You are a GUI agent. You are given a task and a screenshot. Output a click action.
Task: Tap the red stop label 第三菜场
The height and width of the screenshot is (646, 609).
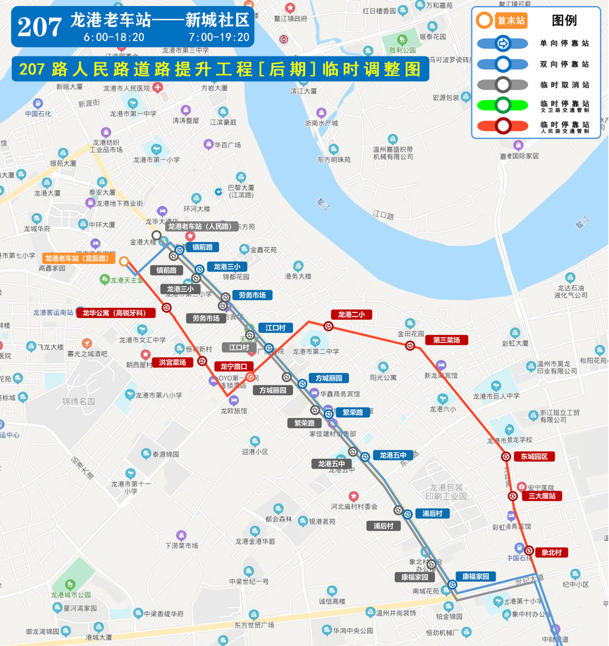[x=447, y=340]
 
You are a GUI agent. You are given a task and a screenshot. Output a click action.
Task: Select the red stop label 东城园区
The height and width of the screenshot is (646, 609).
[x=534, y=457]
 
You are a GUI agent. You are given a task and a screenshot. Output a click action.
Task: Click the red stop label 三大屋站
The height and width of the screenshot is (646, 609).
[x=541, y=496]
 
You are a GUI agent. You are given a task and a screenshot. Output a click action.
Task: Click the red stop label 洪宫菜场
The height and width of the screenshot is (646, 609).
[x=172, y=362]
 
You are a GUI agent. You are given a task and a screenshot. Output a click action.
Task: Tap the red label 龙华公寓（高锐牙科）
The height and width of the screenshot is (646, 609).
[x=116, y=313]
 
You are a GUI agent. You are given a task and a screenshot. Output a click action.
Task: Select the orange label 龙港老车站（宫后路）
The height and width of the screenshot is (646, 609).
[x=78, y=258]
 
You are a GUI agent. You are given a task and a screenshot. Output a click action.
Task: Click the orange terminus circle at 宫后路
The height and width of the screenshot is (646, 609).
[x=124, y=261]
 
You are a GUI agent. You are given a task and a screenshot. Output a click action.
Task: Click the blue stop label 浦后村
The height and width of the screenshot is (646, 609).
[x=433, y=513]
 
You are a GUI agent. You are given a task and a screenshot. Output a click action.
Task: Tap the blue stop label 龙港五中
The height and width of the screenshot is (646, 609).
[x=393, y=455]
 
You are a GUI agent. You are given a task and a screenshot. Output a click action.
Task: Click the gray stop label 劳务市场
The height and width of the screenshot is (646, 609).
[x=206, y=318]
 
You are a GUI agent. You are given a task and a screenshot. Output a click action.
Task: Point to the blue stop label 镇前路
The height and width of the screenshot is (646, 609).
[x=202, y=247]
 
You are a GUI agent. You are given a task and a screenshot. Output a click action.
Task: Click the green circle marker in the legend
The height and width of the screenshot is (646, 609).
[x=502, y=105]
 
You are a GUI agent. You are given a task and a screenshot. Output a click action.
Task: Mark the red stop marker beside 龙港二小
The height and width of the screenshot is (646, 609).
[x=328, y=326]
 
